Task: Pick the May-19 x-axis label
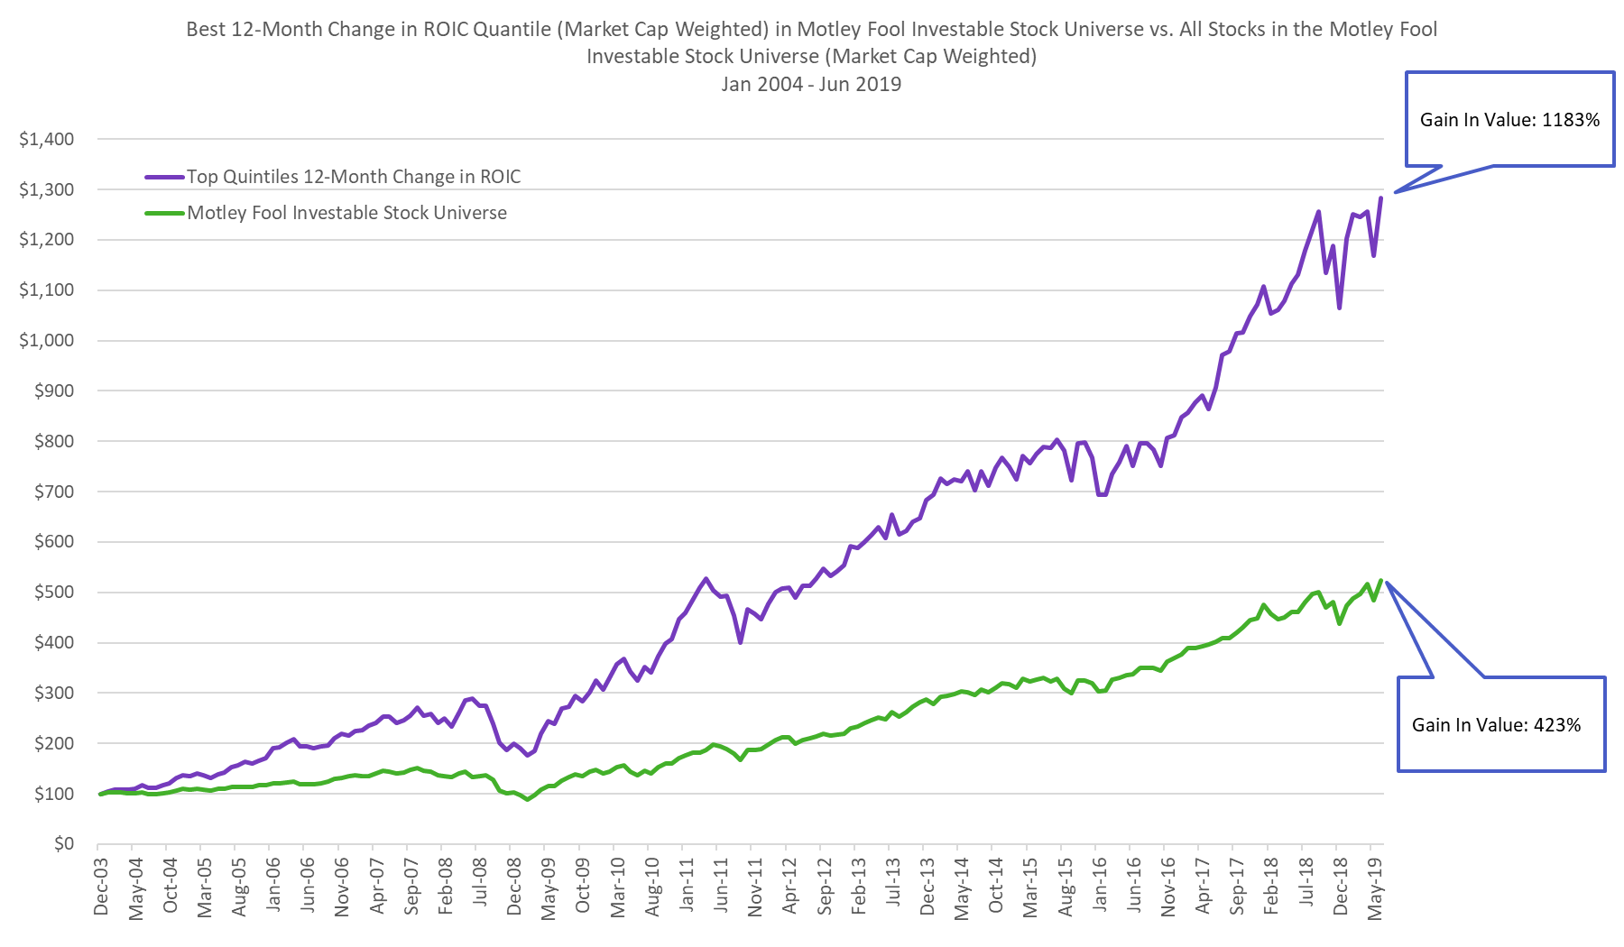coord(1375,888)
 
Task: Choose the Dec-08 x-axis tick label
coord(514,887)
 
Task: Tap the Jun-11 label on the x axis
coord(721,887)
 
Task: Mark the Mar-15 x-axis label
coord(1030,887)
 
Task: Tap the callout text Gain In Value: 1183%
coord(1509,120)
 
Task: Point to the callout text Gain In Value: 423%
coord(1496,725)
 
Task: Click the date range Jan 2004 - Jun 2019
coord(811,84)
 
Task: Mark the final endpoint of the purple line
coord(1380,198)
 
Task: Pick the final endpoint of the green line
coord(1380,581)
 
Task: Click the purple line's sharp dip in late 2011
coord(740,641)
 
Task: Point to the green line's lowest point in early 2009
coord(528,799)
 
